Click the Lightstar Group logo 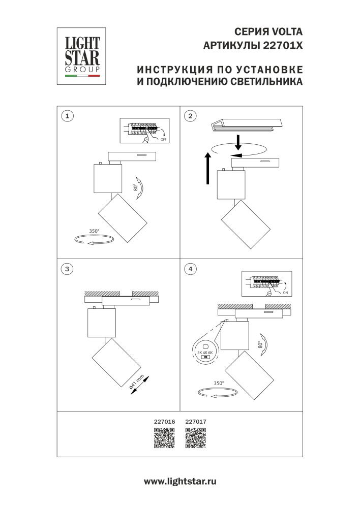80,55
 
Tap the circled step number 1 67,116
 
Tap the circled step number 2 190,116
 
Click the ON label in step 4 285,293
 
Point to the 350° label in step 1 95,231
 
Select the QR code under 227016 164,438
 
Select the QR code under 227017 196,438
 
